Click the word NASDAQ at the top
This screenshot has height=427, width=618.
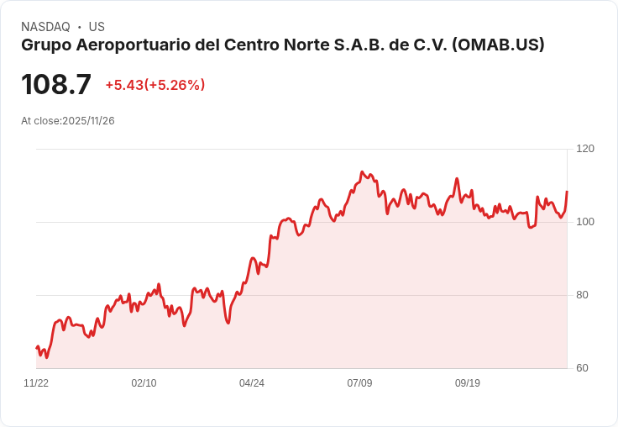coord(45,27)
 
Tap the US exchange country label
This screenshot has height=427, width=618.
coord(97,27)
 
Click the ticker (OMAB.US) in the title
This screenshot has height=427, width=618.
coord(498,45)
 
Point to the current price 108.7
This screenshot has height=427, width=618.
coord(56,84)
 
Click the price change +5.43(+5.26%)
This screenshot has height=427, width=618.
coord(154,85)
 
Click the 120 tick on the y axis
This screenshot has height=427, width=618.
coord(585,149)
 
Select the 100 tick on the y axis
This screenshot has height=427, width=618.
coord(585,222)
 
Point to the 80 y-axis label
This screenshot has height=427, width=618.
coord(583,295)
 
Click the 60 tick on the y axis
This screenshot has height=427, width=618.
coord(583,368)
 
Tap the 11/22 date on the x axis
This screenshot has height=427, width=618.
coord(36,383)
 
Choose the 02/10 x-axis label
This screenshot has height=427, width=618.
coord(144,383)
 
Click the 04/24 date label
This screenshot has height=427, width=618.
coord(252,383)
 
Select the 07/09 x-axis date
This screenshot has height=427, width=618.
coord(359,383)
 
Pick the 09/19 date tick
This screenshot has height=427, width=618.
coord(468,383)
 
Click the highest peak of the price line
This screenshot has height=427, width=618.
coord(362,172)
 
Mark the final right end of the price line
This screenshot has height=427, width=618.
coord(567,192)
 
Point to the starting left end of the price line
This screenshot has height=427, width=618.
coord(37,347)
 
